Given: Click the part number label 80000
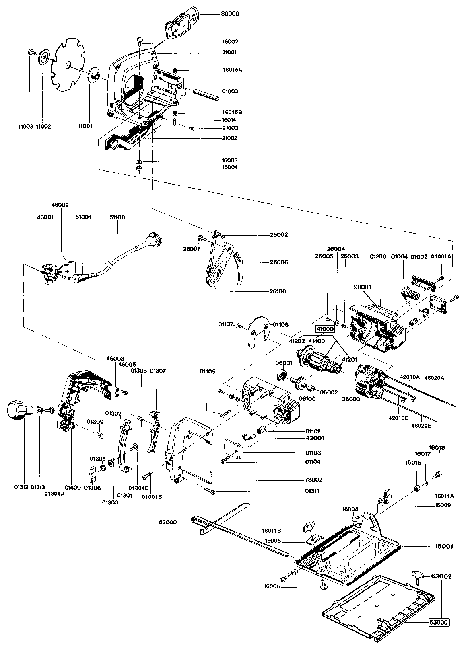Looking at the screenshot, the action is [230, 14].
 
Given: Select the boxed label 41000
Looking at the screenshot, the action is [325, 329].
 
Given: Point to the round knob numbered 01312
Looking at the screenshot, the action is [19, 410].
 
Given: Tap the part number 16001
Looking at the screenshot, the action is [444, 547].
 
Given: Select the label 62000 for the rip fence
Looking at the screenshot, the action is [167, 522].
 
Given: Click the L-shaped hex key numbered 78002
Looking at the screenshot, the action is [200, 476].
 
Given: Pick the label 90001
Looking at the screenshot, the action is [363, 287].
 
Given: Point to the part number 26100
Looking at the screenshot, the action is [278, 291].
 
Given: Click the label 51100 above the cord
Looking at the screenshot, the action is [117, 217].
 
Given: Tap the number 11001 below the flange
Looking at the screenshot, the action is [85, 126].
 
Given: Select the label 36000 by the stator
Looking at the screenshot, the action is [351, 399].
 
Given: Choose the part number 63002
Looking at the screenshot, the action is [441, 576].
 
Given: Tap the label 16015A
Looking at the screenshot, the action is [232, 70].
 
